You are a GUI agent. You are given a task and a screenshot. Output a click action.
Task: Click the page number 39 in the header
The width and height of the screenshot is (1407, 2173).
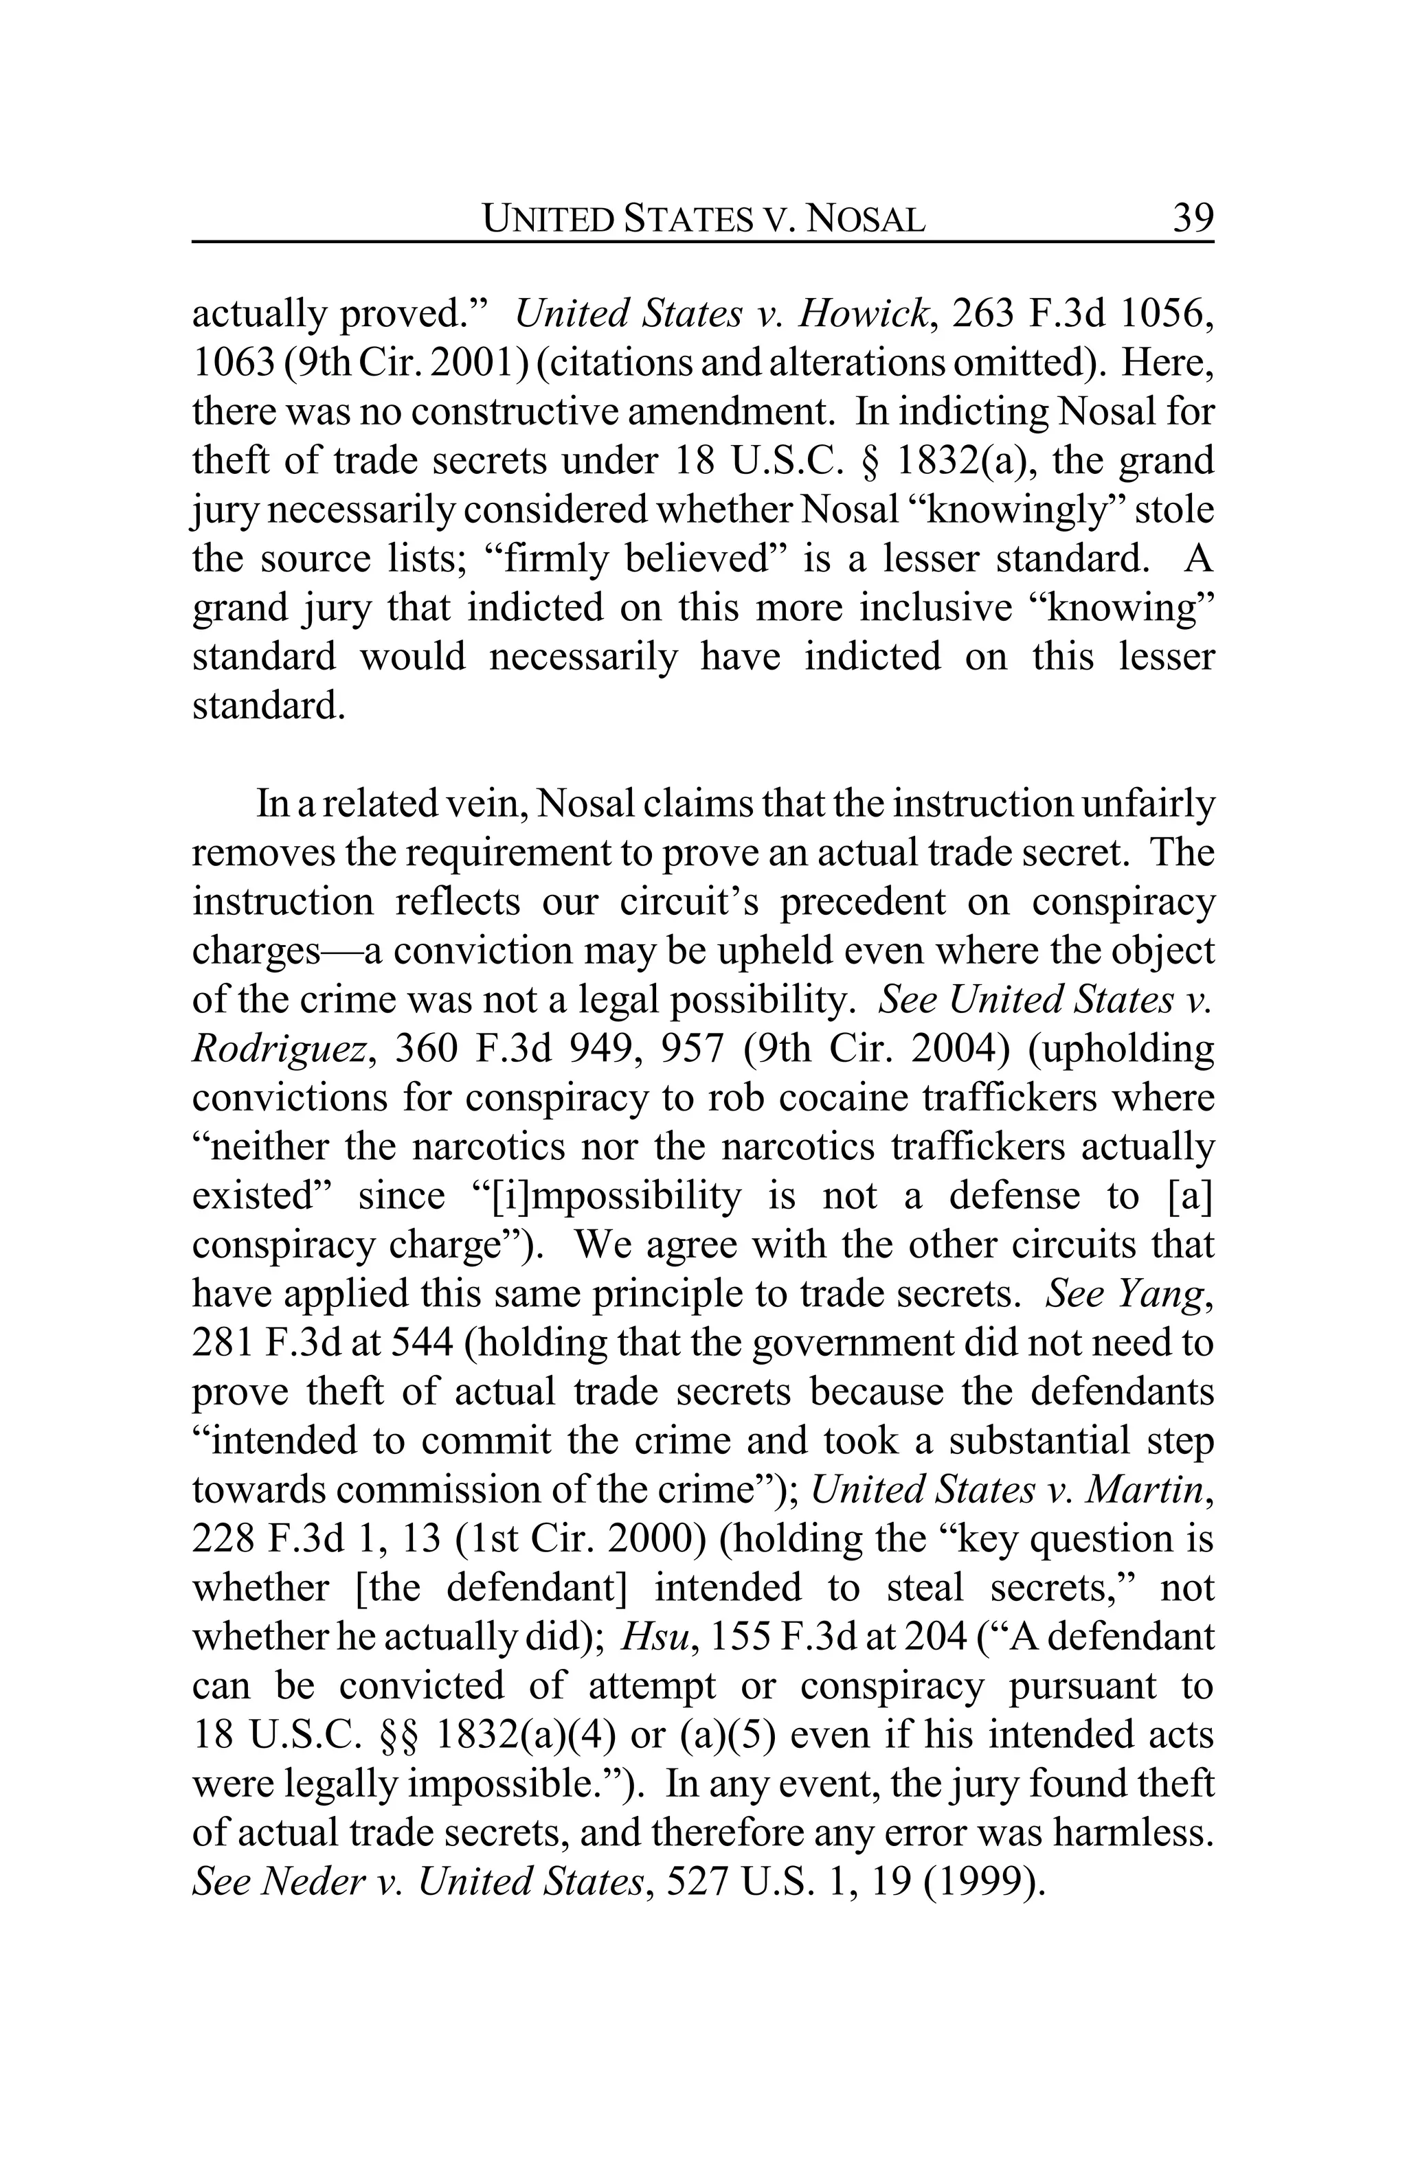pyautogui.click(x=1191, y=218)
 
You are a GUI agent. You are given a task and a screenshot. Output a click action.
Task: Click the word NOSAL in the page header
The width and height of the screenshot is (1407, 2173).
pyautogui.click(x=868, y=219)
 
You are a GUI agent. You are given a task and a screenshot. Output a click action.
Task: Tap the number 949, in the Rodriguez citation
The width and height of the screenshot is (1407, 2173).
pyautogui.click(x=605, y=1049)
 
